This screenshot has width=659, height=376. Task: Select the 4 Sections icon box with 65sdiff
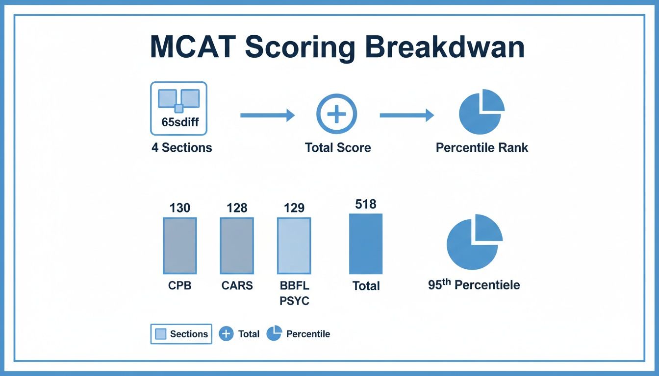coord(178,108)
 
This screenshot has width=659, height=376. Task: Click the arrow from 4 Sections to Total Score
coord(267,116)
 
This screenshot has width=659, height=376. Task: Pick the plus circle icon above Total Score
coord(337,114)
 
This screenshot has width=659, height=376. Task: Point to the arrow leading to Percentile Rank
coord(406,116)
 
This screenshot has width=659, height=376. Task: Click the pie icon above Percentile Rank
coord(481,112)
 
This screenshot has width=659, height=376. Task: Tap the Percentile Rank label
coord(482,147)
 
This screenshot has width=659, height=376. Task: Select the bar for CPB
coord(179,245)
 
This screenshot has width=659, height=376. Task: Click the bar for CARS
coord(237,245)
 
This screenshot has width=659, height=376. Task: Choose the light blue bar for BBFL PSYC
coord(294,245)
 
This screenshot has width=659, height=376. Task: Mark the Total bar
coord(366,244)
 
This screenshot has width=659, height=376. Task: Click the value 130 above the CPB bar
coord(179,208)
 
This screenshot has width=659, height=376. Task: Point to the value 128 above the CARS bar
coord(237,208)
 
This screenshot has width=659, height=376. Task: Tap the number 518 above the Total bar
coord(366,204)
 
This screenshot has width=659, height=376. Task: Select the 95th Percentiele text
coord(474,285)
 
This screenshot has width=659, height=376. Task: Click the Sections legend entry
coord(181,334)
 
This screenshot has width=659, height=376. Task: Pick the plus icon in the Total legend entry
coord(226,334)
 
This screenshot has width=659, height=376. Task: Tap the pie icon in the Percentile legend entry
coord(274,334)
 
